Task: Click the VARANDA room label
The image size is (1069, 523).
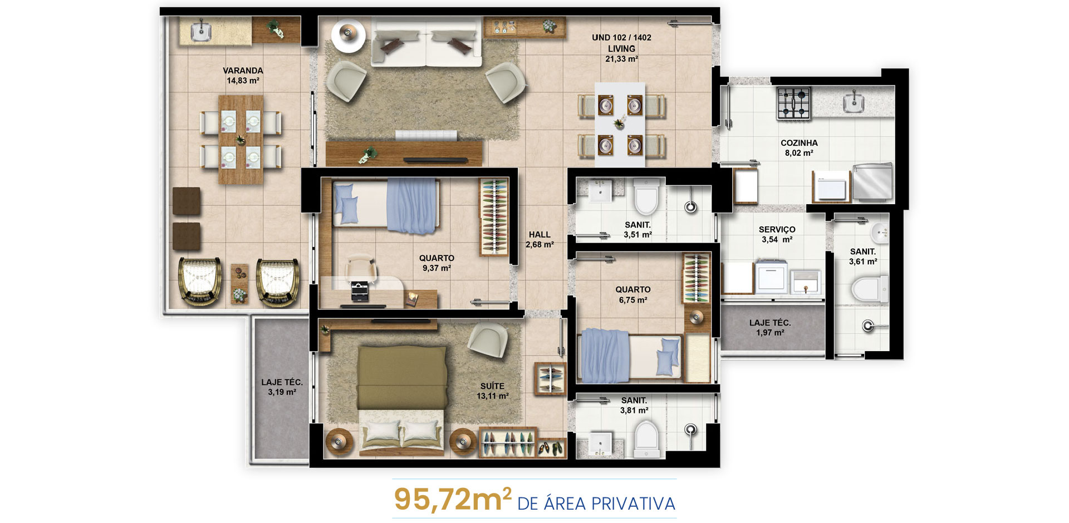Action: tap(243, 71)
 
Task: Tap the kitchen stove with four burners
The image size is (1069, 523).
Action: tap(794, 103)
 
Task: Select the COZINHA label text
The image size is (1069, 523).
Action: tap(799, 143)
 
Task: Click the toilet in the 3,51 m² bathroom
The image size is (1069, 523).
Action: tap(646, 196)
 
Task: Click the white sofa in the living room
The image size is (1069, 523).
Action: tap(426, 41)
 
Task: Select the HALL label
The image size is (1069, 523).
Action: tap(540, 235)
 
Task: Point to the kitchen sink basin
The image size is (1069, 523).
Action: tap(854, 102)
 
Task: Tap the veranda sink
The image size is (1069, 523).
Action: tap(200, 31)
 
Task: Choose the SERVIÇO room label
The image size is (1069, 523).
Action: tap(777, 229)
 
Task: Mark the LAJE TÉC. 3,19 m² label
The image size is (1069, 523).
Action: tap(282, 387)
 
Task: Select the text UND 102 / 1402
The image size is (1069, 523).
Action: tap(621, 37)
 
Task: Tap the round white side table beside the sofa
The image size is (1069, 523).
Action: tap(349, 35)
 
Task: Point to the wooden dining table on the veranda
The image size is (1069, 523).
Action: tap(241, 140)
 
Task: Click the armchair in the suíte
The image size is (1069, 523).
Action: tap(488, 340)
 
